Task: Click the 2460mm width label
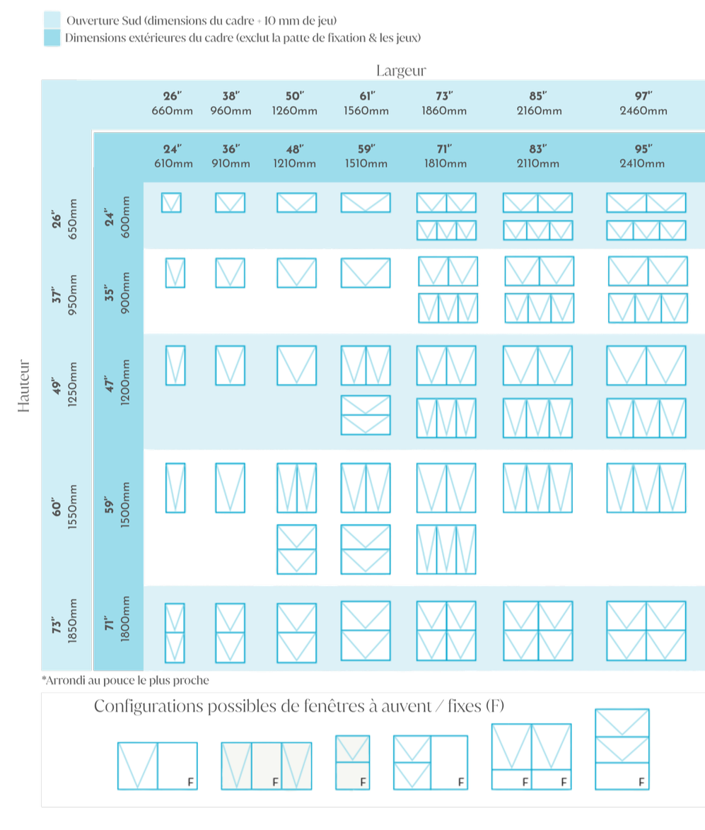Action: click(x=643, y=110)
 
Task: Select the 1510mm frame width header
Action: click(x=366, y=163)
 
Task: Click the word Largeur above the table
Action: click(x=402, y=71)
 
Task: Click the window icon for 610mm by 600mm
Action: click(x=171, y=203)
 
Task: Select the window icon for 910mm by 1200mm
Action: click(x=230, y=365)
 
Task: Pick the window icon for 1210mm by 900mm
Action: click(x=296, y=273)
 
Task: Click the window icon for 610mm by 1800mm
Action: click(x=175, y=632)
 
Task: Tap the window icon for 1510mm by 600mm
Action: click(x=366, y=203)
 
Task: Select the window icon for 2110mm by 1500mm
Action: click(x=537, y=488)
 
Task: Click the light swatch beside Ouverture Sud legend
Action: click(x=52, y=19)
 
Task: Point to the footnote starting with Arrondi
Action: click(x=126, y=680)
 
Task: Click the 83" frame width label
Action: click(x=537, y=149)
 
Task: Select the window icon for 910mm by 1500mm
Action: click(x=230, y=488)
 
